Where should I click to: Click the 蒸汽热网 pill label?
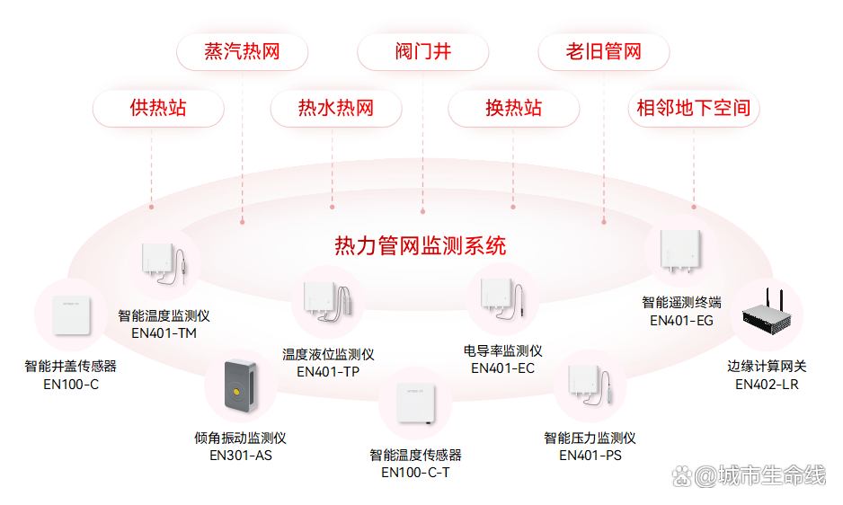pos(242,52)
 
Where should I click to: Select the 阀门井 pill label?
pos(422,52)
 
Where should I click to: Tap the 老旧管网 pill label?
pos(603,52)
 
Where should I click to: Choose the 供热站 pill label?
pos(158,109)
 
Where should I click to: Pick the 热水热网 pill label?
pos(335,109)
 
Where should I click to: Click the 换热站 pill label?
pos(513,109)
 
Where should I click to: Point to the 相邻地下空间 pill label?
pos(693,109)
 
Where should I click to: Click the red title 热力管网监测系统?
pos(420,245)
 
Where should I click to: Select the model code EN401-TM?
pos(164,333)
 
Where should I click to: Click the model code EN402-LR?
pos(767,385)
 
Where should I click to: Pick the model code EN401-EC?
pos(502,368)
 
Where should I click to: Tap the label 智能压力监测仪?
pos(590,439)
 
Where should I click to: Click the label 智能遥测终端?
pos(681,303)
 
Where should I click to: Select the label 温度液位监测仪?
pos(328,355)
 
